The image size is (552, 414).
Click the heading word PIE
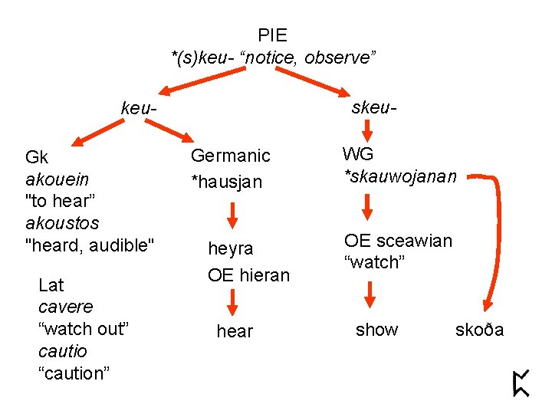(272, 35)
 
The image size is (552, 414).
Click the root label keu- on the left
(139, 110)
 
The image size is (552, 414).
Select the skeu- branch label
(373, 107)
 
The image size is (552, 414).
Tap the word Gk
(37, 158)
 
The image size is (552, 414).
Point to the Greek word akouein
(58, 179)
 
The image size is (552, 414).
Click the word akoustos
(61, 224)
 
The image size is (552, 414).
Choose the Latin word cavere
(66, 307)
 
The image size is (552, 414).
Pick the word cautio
(62, 351)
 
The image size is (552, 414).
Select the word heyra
(230, 249)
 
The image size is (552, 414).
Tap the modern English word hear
(235, 331)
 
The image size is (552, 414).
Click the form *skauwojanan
(400, 177)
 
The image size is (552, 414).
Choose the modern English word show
(376, 330)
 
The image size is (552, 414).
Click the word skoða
(480, 330)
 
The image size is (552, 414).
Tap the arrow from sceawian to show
(369, 294)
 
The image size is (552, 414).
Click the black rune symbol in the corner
(521, 383)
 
